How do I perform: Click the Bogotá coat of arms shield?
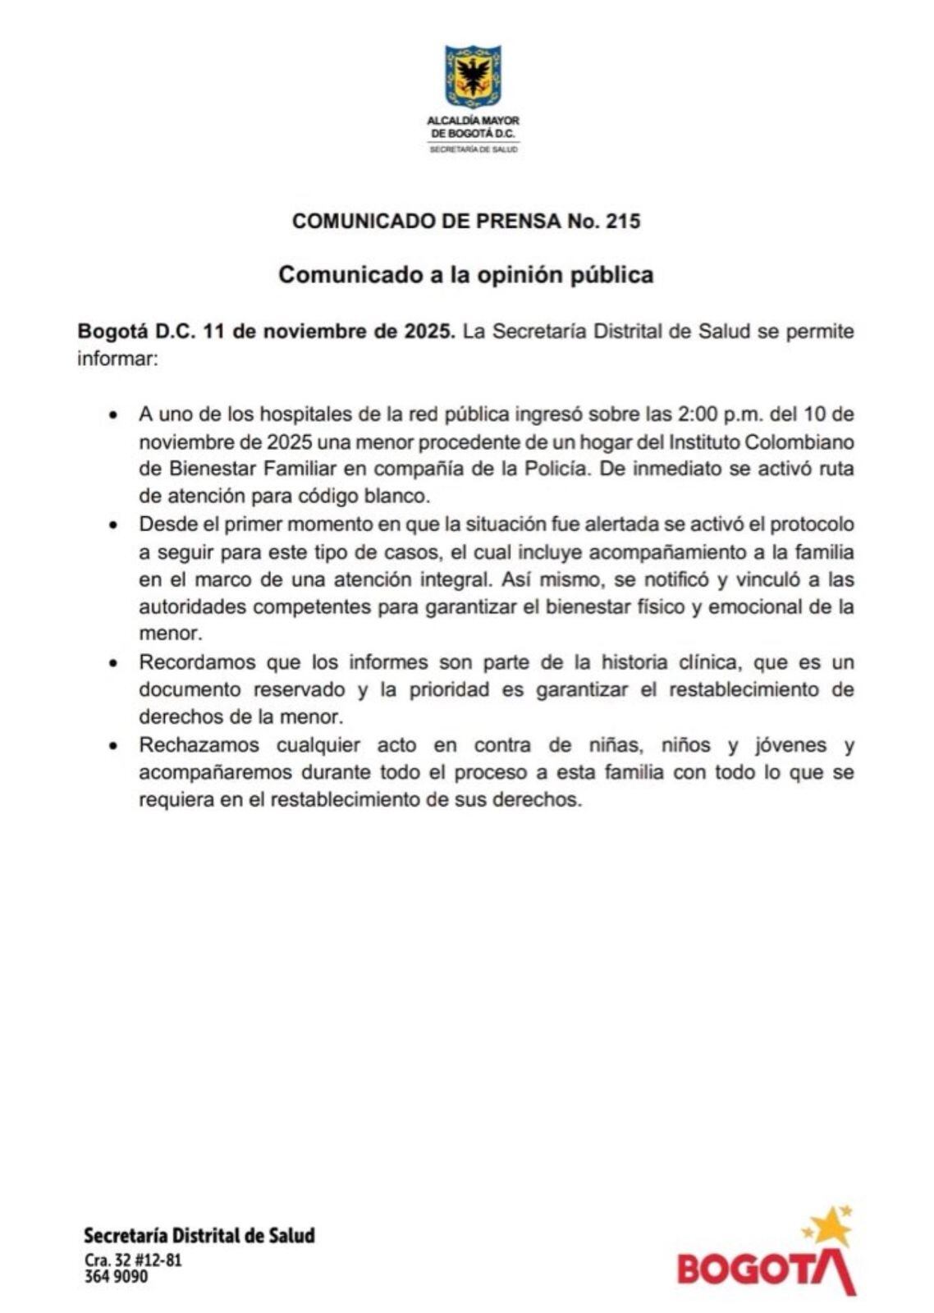point(473,76)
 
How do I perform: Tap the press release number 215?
point(623,221)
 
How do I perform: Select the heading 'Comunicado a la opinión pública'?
point(466,274)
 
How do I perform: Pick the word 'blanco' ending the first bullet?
point(401,496)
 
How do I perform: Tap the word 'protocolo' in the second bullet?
point(813,524)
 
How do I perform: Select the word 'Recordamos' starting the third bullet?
point(191,662)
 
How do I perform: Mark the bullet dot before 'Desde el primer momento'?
point(114,525)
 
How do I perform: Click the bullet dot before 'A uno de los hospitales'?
point(114,415)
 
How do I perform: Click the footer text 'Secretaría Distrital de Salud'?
point(199,1235)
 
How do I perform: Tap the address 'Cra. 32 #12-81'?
point(133,1260)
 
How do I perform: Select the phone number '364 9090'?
point(116,1277)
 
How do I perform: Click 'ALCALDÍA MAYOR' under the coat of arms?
point(474,120)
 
